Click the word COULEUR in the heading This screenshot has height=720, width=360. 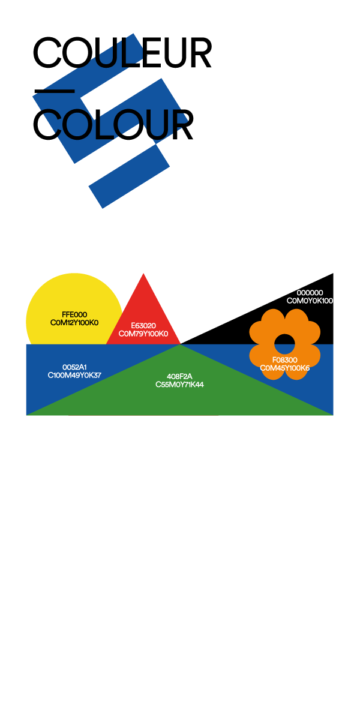tap(122, 52)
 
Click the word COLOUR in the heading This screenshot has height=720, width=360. tap(113, 124)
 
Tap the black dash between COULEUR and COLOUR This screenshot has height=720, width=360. tap(55, 92)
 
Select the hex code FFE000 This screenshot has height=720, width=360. tap(74, 314)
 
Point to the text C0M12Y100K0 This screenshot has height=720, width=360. tap(74, 323)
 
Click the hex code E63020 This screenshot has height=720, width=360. tap(143, 326)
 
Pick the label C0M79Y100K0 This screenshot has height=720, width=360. tap(143, 334)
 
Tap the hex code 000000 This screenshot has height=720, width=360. tap(310, 293)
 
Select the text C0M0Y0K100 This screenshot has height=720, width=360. tap(310, 301)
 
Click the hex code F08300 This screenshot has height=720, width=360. tap(285, 360)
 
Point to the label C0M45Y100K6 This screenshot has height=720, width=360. tap(285, 368)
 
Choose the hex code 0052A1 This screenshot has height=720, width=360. tap(74, 367)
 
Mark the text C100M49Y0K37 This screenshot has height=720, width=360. tap(74, 375)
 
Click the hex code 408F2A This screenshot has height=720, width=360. tap(179, 376)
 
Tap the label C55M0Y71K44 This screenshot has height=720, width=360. tap(179, 385)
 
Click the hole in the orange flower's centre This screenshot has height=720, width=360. tap(285, 344)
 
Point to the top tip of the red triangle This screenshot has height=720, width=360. tap(143, 274)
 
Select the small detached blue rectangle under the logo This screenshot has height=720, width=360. tap(129, 177)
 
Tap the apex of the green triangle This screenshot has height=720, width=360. tap(181, 344)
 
